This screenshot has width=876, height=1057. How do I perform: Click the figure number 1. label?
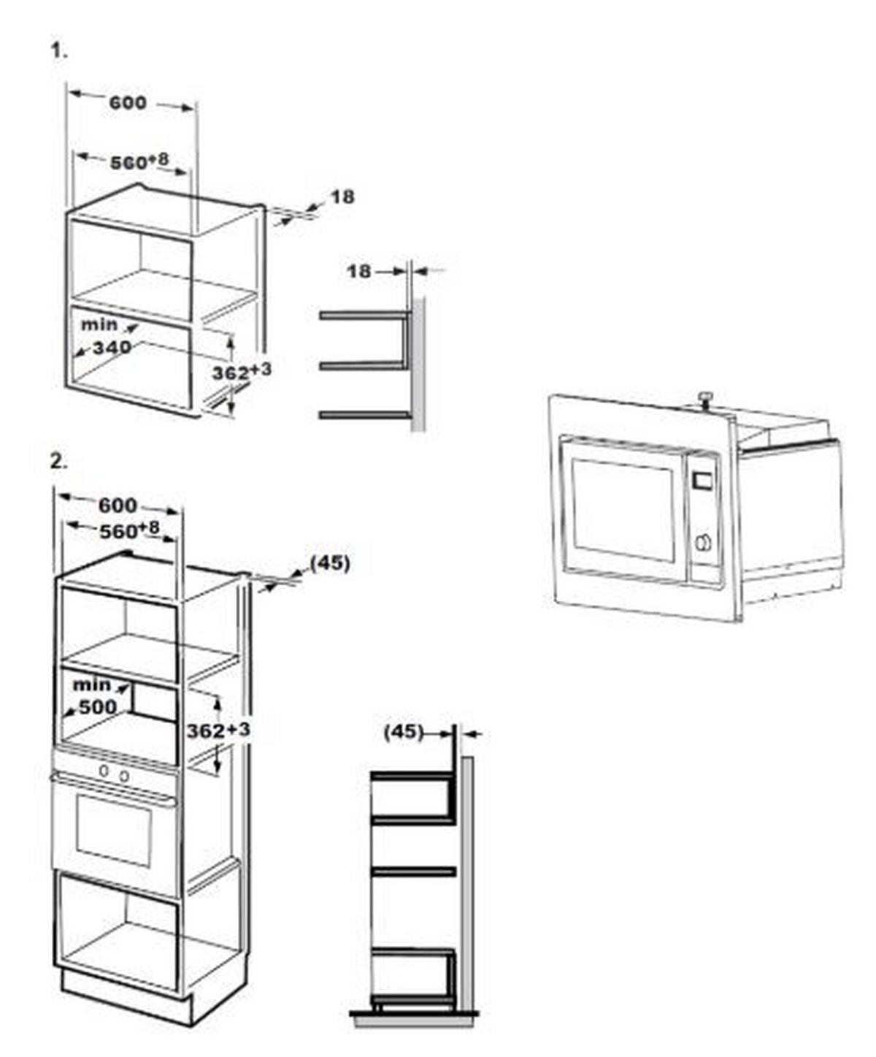pyautogui.click(x=58, y=50)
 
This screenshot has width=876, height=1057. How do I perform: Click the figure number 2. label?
pyautogui.click(x=58, y=462)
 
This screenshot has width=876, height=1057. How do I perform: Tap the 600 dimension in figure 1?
pyautogui.click(x=128, y=103)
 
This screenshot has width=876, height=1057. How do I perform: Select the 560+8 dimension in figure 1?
pyautogui.click(x=139, y=161)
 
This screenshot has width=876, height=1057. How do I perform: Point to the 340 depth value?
pyautogui.click(x=112, y=348)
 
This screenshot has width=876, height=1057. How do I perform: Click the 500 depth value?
pyautogui.click(x=98, y=707)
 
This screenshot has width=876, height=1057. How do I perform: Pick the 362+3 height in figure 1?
pyautogui.click(x=242, y=372)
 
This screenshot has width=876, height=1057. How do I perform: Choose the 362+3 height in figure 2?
pyautogui.click(x=219, y=730)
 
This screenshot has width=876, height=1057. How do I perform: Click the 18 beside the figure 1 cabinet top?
pyautogui.click(x=342, y=197)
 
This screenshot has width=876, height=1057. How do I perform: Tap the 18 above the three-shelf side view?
pyautogui.click(x=359, y=272)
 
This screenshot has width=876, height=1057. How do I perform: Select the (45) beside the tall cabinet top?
pyautogui.click(x=330, y=563)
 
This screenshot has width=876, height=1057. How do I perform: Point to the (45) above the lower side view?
pyautogui.click(x=404, y=732)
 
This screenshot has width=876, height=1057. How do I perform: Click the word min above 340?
pyautogui.click(x=99, y=324)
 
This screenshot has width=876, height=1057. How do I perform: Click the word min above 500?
pyautogui.click(x=92, y=684)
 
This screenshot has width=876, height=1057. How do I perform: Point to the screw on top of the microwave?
pyautogui.click(x=704, y=398)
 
